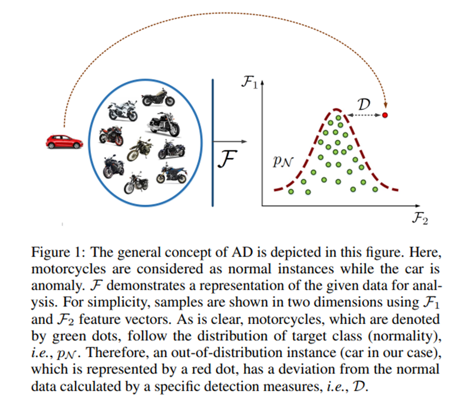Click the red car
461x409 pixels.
pyautogui.click(x=64, y=141)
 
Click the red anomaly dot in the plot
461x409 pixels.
pyautogui.click(x=385, y=115)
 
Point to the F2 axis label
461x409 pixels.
pyautogui.click(x=420, y=218)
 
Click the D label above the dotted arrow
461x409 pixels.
pyautogui.click(x=364, y=104)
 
